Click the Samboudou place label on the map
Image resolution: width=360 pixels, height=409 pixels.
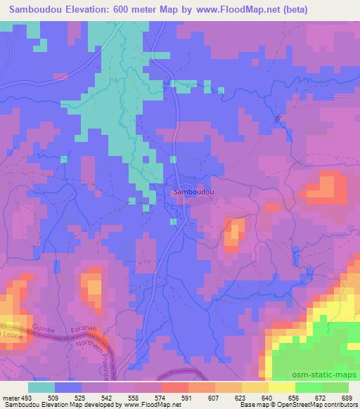(194, 190)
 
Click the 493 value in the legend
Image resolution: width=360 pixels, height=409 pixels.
(27, 398)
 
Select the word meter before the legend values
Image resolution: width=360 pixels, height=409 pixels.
(10, 398)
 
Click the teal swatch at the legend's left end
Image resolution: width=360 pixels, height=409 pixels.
(41, 387)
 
